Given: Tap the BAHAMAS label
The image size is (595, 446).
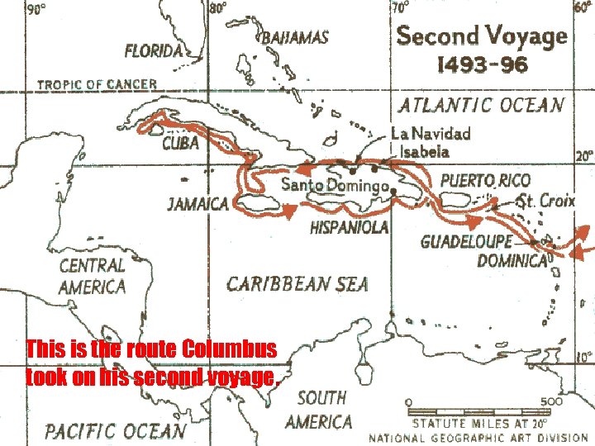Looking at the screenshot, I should click(295, 37).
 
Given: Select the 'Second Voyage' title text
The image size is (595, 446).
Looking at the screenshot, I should click(482, 36).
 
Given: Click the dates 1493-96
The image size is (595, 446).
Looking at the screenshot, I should click(482, 64).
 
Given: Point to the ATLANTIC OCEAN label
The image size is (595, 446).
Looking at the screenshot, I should click(482, 105).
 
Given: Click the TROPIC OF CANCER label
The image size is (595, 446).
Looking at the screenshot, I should click(96, 84).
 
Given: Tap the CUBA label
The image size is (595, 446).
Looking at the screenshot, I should click(180, 144).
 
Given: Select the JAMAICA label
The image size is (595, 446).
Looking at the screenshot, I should click(198, 204).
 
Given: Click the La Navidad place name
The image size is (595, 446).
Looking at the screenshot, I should click(431, 133).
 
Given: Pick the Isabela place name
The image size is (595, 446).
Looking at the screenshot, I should click(424, 151).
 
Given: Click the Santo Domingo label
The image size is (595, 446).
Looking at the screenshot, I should click(334, 184).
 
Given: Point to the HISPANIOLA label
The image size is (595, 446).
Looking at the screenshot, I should click(349, 228).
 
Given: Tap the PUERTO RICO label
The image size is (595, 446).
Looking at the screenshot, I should click(484, 180).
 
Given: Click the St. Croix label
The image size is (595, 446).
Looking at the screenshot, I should click(545, 201).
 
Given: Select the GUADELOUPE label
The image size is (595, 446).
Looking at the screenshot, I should click(466, 241).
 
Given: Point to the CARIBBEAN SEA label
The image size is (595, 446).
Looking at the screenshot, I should click(297, 284).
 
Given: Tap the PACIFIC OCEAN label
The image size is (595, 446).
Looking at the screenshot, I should click(115, 430).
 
